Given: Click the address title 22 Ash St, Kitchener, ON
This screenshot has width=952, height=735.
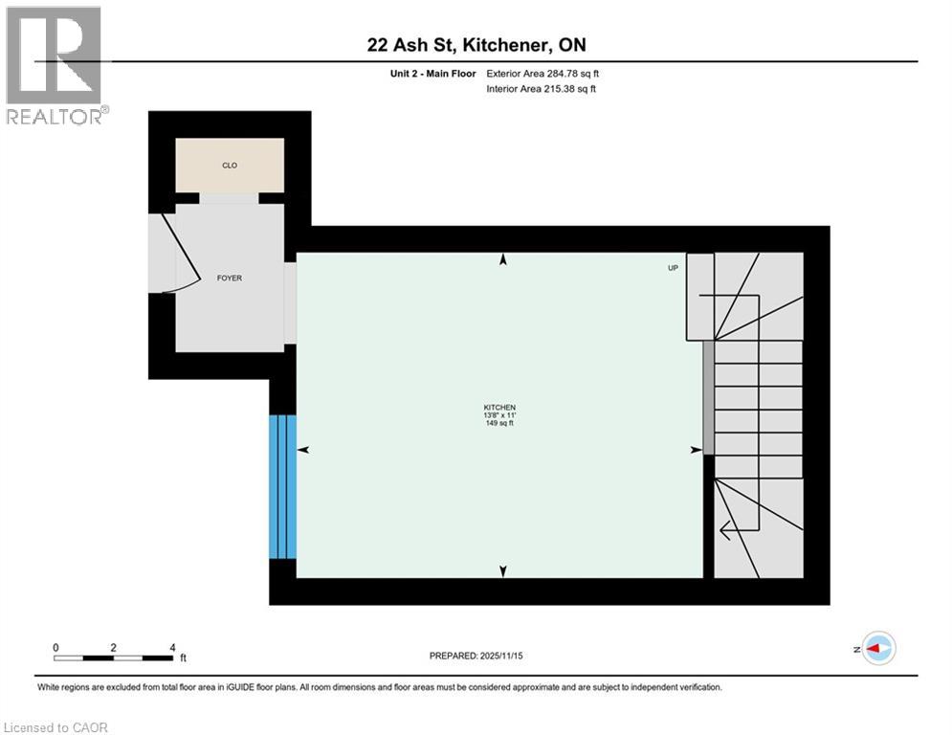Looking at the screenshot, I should click(x=476, y=46).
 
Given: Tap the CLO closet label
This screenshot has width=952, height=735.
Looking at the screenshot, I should click(x=230, y=166).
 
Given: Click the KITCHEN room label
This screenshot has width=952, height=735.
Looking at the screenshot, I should click(x=498, y=407).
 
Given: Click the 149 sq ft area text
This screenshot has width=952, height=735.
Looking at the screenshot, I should click(x=498, y=423).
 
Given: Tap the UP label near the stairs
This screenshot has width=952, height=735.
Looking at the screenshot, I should click(x=673, y=268).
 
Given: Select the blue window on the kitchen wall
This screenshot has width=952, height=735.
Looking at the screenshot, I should click(x=282, y=486).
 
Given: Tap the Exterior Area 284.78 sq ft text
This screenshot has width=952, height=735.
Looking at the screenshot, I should click(x=542, y=74).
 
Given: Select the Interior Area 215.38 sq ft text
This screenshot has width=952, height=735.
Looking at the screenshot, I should click(x=542, y=89).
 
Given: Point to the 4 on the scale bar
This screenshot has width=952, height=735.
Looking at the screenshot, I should click(x=172, y=647).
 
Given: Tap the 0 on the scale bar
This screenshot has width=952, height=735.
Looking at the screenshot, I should click(x=56, y=647).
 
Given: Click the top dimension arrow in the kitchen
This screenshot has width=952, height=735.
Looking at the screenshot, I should click(x=503, y=259).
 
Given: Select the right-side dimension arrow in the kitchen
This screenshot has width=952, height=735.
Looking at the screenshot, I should click(x=696, y=450).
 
